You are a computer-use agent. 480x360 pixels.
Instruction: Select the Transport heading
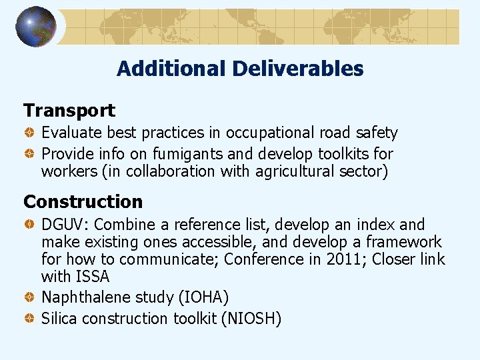(69, 111)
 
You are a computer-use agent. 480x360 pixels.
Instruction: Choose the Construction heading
(83, 201)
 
